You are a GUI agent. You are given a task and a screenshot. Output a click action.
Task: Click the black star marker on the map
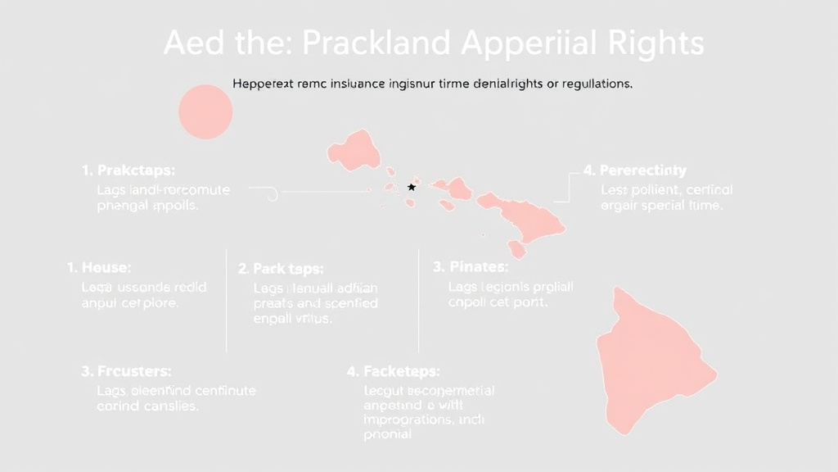click(x=412, y=188)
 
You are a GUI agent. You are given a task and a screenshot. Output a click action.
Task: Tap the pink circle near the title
click(x=205, y=111)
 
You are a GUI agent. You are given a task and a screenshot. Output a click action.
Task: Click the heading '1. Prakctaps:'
click(x=128, y=170)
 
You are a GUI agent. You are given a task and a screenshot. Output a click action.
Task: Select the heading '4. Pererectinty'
click(x=635, y=170)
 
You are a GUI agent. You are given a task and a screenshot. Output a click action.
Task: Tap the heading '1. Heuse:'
click(x=99, y=267)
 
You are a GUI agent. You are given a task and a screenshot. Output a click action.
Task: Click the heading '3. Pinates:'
click(x=471, y=266)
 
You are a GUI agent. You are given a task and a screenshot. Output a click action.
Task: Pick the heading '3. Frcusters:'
click(x=127, y=371)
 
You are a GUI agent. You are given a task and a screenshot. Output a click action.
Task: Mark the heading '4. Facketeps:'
click(x=393, y=371)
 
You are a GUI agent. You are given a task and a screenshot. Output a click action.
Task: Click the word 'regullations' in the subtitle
click(x=591, y=84)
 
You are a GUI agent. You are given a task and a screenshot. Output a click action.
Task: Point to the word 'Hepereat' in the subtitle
click(x=262, y=84)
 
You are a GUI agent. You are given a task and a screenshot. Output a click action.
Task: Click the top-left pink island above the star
click(x=353, y=148)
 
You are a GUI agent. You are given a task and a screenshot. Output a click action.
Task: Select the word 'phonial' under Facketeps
click(x=387, y=434)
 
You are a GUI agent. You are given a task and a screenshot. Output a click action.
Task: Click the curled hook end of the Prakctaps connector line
click(x=273, y=193)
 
